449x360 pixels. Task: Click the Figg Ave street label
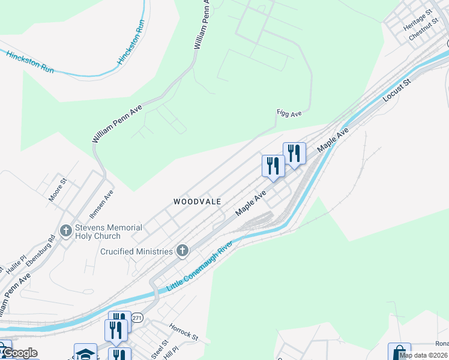(289, 113)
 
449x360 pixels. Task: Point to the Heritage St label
(418, 20)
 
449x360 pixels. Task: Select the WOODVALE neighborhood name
(197, 202)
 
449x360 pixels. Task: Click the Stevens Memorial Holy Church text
(109, 232)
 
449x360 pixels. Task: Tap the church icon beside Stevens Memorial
(66, 230)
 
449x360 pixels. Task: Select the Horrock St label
(183, 333)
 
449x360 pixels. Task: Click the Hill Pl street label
(173, 349)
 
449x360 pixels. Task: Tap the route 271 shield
(137, 319)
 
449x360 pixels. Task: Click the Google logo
(20, 353)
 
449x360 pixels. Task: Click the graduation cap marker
(85, 353)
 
